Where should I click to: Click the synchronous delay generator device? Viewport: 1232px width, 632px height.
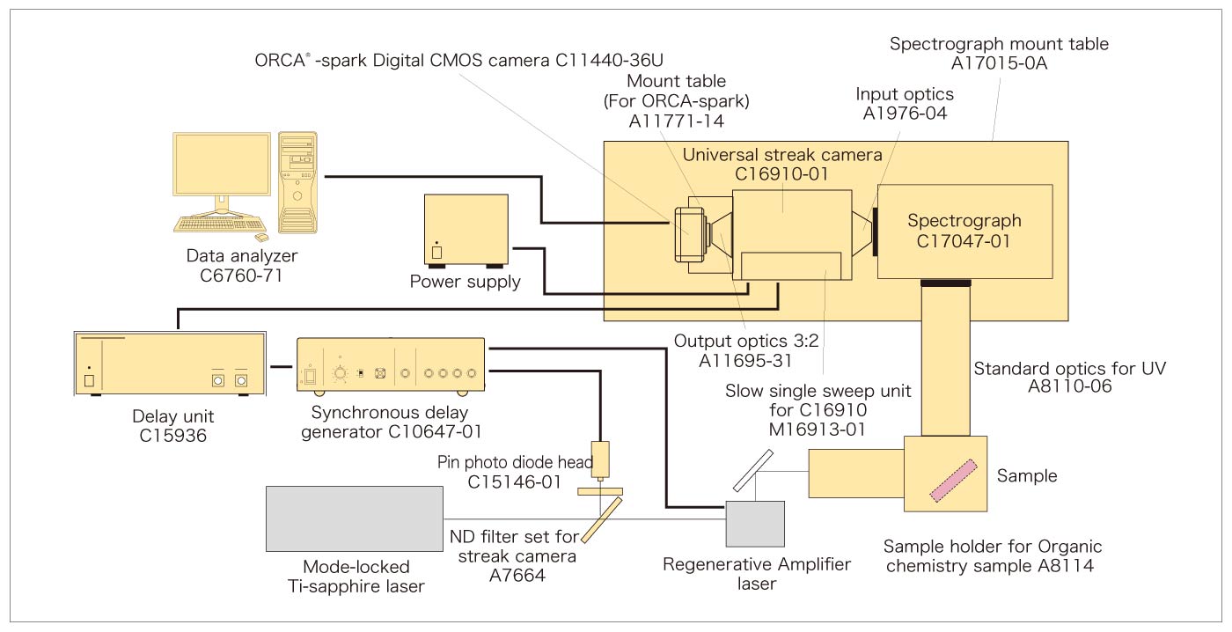pos(391,366)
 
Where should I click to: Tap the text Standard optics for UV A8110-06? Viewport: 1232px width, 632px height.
pos(1069,378)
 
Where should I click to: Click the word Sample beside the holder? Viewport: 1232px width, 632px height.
pos(1026,476)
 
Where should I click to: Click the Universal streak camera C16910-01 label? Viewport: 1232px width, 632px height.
pos(782,165)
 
